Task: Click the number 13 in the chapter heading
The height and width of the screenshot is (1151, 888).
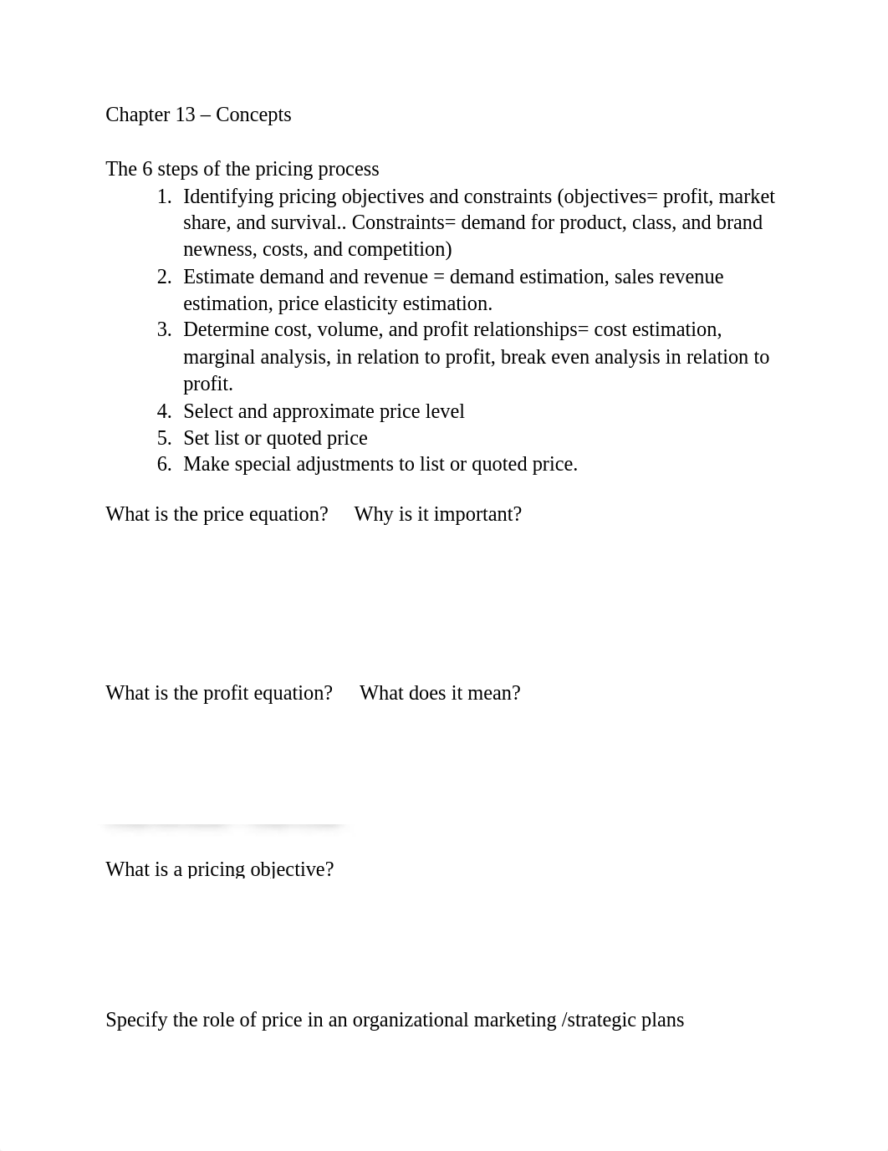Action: point(185,115)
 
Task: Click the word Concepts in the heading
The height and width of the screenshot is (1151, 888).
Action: point(253,115)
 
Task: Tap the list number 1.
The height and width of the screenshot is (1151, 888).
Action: point(164,197)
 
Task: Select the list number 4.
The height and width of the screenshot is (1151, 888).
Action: point(164,411)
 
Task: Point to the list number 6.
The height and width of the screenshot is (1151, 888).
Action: point(164,465)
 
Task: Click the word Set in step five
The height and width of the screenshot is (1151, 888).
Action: point(196,438)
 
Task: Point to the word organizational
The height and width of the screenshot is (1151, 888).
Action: point(410,1020)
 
